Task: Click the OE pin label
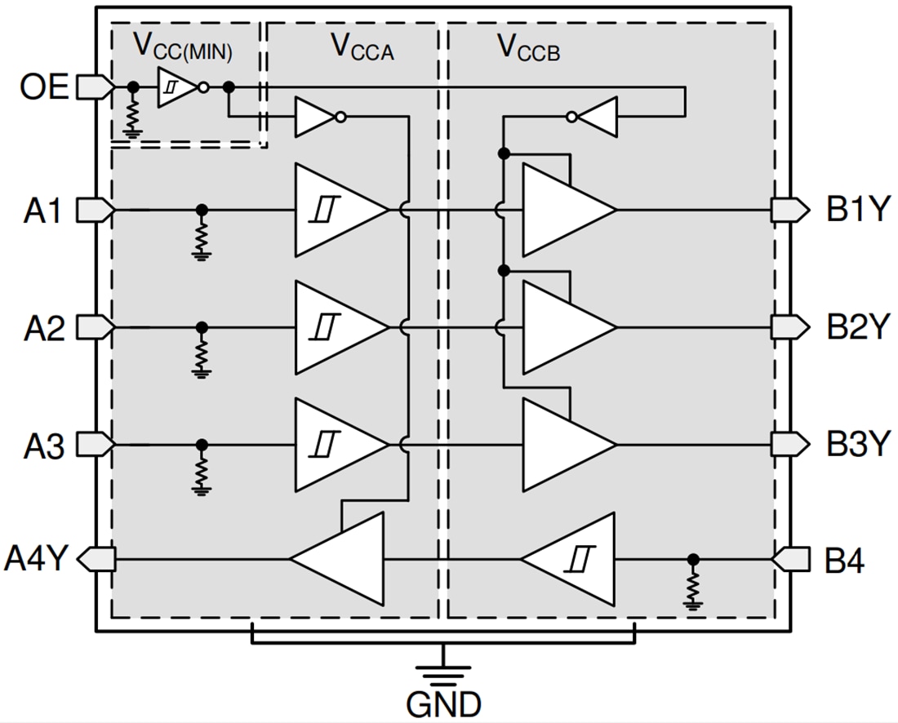(x=46, y=86)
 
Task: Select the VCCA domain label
(x=361, y=47)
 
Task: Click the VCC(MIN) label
(x=183, y=48)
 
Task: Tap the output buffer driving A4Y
(x=343, y=560)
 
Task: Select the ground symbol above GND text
(x=443, y=672)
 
